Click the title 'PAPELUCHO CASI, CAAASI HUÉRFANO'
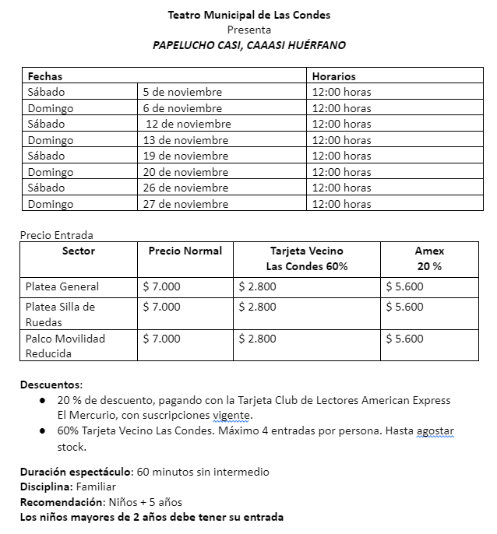point(248,45)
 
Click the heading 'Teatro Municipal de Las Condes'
point(248,15)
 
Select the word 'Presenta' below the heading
point(248,30)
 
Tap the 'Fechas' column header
point(45,76)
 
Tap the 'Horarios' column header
point(333,76)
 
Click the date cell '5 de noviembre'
point(182,92)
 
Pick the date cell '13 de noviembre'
point(185,140)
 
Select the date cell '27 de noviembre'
point(185,204)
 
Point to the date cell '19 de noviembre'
point(185,156)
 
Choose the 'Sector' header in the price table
point(78,251)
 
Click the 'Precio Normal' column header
point(185,251)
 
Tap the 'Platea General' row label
point(62,286)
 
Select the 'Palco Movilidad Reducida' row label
point(65,346)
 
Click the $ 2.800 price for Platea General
point(257,286)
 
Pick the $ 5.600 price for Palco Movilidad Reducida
point(404,339)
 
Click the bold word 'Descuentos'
point(51,385)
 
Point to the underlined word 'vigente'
point(232,415)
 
